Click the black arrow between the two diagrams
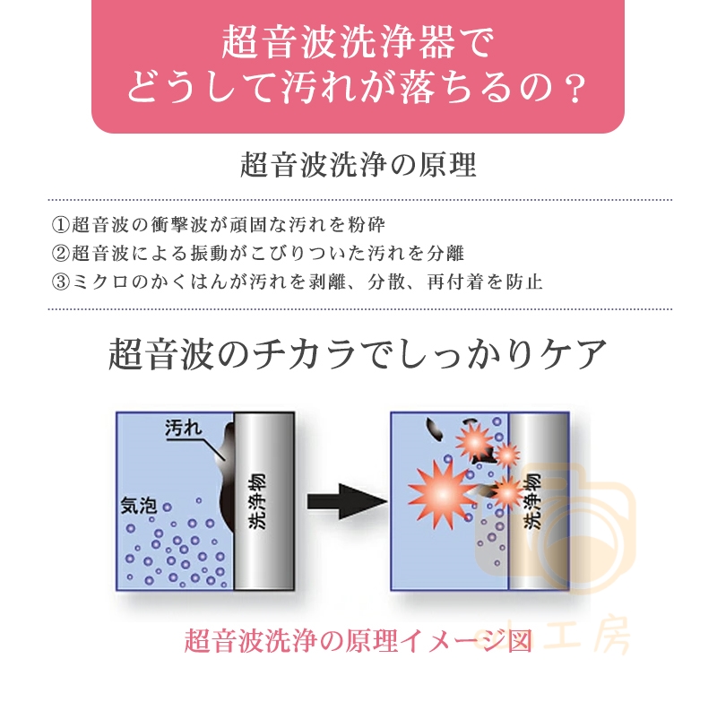click(x=347, y=501)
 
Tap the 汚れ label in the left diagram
click(x=184, y=428)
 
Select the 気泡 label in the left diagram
click(x=139, y=506)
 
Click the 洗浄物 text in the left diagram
click(x=256, y=501)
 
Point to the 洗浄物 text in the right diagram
click(x=531, y=501)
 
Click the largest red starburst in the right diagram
click(x=442, y=494)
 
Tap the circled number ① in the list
click(x=60, y=224)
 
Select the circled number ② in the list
click(x=60, y=253)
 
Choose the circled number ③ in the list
click(x=60, y=282)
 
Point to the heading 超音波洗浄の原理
click(x=358, y=165)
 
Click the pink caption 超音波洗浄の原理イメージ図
click(x=358, y=641)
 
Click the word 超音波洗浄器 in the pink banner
click(x=339, y=42)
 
